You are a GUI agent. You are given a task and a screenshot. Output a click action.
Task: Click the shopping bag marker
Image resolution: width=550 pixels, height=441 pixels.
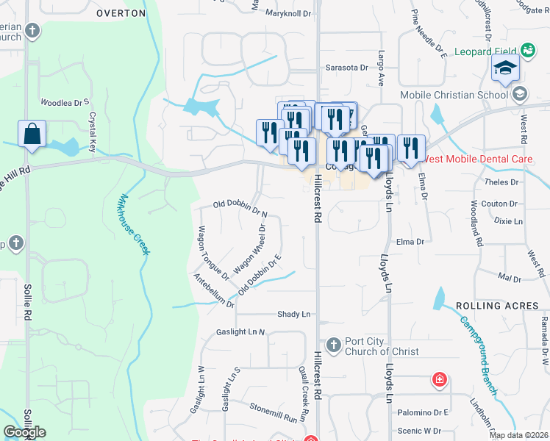point(32,135)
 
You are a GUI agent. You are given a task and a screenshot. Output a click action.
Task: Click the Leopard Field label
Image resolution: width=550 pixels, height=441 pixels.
point(486,51)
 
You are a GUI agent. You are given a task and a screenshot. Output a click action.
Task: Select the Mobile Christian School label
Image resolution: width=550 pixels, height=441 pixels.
point(454,95)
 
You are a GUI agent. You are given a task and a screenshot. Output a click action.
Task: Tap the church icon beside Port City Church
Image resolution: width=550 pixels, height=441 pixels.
point(333,344)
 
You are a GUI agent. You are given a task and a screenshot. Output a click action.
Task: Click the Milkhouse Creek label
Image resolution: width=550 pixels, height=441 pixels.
point(134,224)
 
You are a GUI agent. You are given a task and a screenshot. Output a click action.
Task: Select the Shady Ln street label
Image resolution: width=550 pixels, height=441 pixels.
point(293,315)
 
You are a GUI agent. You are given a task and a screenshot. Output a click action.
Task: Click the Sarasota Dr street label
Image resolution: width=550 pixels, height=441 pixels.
point(346,67)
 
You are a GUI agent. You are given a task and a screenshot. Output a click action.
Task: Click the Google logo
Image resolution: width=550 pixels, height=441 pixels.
point(24,431)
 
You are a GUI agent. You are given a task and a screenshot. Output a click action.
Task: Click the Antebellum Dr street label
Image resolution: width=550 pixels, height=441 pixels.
point(213,290)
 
